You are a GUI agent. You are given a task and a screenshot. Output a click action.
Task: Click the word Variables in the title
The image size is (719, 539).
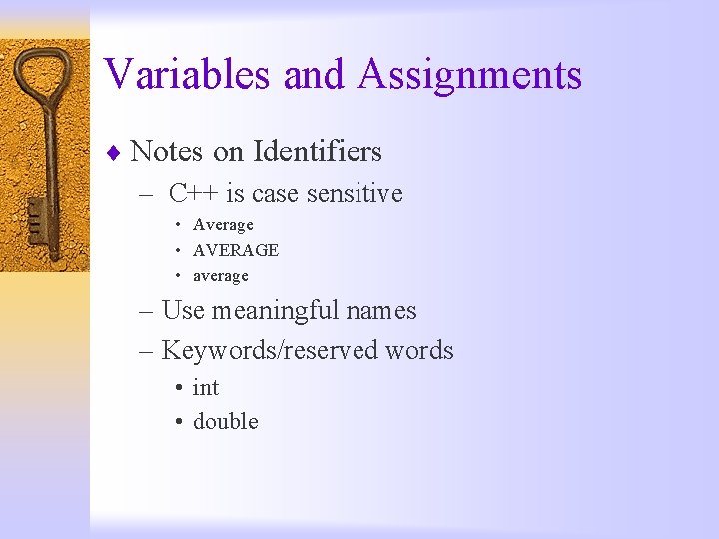pyautogui.click(x=188, y=74)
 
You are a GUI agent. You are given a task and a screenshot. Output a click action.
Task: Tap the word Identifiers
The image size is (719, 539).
pyautogui.click(x=318, y=152)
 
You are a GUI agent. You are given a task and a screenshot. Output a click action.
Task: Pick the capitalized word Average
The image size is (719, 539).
pyautogui.click(x=223, y=225)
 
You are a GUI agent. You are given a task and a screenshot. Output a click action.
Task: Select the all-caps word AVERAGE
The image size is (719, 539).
pyautogui.click(x=236, y=250)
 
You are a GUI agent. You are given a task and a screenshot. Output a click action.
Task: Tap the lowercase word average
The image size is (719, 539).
pyautogui.click(x=220, y=275)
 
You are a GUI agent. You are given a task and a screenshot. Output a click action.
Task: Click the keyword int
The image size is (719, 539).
pyautogui.click(x=206, y=388)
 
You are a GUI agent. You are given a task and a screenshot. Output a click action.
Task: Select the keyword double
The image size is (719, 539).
pyautogui.click(x=225, y=422)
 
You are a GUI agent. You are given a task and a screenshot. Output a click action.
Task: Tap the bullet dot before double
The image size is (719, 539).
pyautogui.click(x=177, y=422)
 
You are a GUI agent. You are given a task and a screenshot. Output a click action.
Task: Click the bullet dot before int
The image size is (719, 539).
pyautogui.click(x=177, y=388)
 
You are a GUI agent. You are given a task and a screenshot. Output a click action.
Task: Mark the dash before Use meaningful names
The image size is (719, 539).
pyautogui.click(x=146, y=312)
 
